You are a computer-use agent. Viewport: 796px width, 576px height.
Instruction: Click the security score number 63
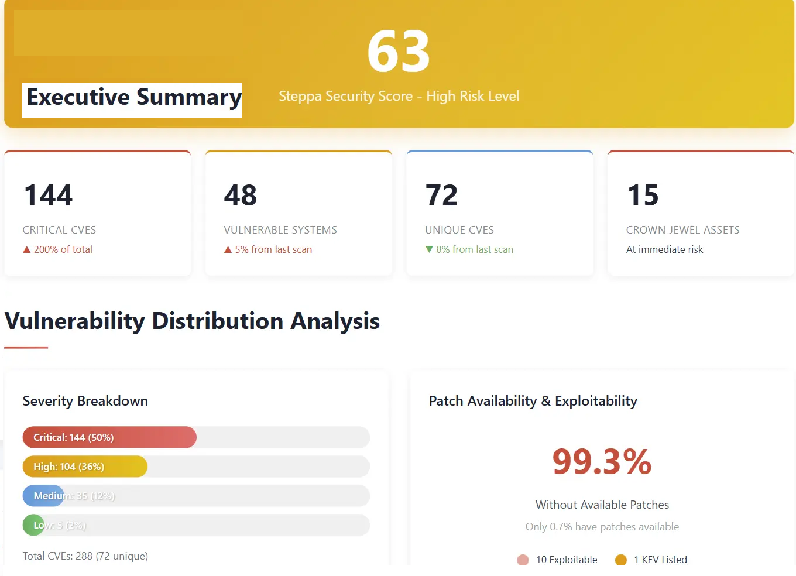pyautogui.click(x=399, y=52)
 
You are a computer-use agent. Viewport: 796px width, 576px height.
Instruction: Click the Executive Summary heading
pyautogui.click(x=133, y=97)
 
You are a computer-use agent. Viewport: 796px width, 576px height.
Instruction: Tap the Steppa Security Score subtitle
pyautogui.click(x=399, y=96)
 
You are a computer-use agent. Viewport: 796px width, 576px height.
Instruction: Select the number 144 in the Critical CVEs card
pyautogui.click(x=49, y=196)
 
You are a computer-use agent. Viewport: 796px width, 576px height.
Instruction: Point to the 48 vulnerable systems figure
pyautogui.click(x=240, y=196)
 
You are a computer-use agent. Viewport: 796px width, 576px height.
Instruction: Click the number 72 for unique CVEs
pyautogui.click(x=441, y=196)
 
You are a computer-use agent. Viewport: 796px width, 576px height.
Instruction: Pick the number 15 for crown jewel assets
pyautogui.click(x=643, y=196)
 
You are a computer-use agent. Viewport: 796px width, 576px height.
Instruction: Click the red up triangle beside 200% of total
pyautogui.click(x=26, y=250)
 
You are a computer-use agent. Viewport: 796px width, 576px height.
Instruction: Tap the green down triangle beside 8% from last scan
pyautogui.click(x=429, y=249)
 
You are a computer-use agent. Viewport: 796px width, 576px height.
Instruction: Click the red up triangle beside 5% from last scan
pyautogui.click(x=228, y=250)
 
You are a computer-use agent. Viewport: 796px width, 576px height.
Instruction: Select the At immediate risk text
pyautogui.click(x=664, y=249)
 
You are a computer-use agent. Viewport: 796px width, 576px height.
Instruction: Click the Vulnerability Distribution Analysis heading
pyautogui.click(x=192, y=321)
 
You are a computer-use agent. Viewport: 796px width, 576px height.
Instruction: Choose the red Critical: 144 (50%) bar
pyautogui.click(x=109, y=437)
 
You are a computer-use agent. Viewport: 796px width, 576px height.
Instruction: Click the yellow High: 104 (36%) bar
pyautogui.click(x=85, y=467)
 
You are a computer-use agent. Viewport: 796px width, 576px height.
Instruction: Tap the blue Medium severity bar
pyautogui.click(x=43, y=496)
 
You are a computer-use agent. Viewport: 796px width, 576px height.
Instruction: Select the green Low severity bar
pyautogui.click(x=33, y=525)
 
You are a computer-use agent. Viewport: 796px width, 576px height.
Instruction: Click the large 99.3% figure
pyautogui.click(x=602, y=461)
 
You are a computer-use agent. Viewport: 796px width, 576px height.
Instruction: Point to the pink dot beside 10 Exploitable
pyautogui.click(x=523, y=560)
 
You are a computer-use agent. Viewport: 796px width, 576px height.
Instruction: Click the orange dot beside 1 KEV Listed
pyautogui.click(x=621, y=560)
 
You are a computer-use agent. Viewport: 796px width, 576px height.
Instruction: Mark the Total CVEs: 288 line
pyautogui.click(x=85, y=556)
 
